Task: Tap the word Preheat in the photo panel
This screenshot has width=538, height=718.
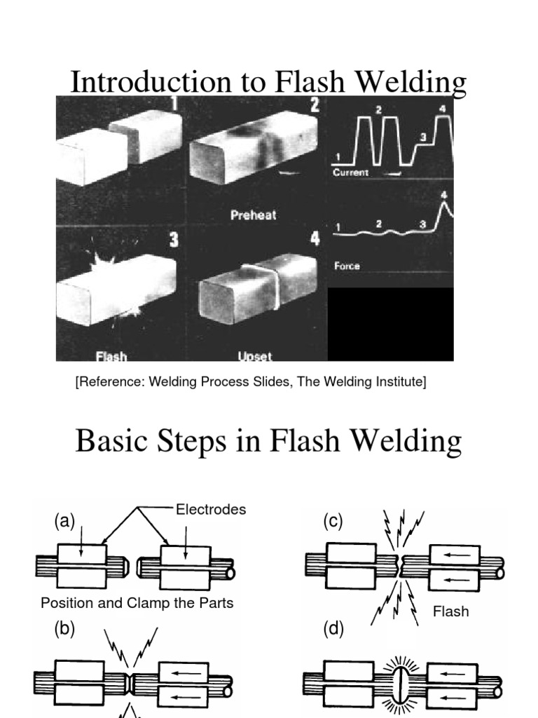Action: pyautogui.click(x=253, y=215)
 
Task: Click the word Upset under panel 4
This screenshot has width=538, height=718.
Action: pyautogui.click(x=255, y=356)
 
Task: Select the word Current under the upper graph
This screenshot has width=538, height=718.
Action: pyautogui.click(x=351, y=172)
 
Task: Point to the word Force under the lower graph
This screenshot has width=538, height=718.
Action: pyautogui.click(x=347, y=266)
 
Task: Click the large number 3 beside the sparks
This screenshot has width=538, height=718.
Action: pyautogui.click(x=173, y=241)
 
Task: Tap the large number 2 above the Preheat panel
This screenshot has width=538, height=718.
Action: pyautogui.click(x=315, y=105)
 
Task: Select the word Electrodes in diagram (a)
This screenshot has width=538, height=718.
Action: pyautogui.click(x=210, y=510)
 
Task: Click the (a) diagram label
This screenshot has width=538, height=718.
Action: pyautogui.click(x=64, y=522)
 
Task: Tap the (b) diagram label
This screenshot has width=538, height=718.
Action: pyautogui.click(x=64, y=629)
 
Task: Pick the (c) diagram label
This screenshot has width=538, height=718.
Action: pyautogui.click(x=333, y=522)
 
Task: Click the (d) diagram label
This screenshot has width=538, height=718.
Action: pyautogui.click(x=333, y=629)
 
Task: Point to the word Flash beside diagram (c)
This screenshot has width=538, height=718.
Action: pyautogui.click(x=450, y=611)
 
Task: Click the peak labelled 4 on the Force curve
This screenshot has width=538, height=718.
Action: pyautogui.click(x=443, y=205)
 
